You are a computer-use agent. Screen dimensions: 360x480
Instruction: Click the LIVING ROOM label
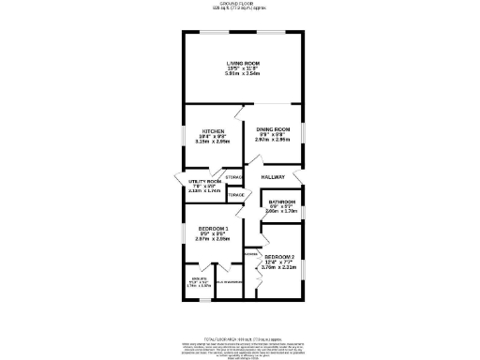[x=242, y=63]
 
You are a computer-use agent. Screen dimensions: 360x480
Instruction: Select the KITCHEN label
[x=209, y=131]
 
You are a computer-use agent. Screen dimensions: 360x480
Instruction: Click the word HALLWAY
[x=273, y=176]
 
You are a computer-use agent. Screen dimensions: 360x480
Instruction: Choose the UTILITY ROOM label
[x=203, y=181]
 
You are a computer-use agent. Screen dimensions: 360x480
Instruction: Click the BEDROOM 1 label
[x=213, y=229]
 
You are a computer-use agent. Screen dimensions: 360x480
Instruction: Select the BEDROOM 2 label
[x=279, y=257]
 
